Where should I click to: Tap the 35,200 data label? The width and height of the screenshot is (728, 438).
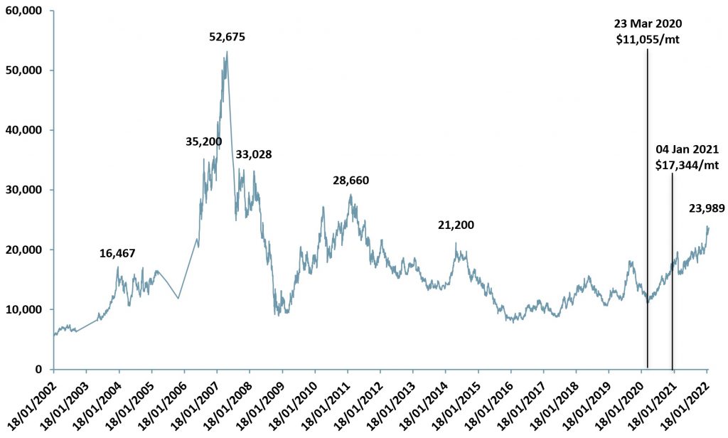(x=203, y=141)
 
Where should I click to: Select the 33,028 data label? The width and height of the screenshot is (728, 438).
(x=254, y=154)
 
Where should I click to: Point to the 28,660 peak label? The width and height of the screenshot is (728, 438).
(x=350, y=181)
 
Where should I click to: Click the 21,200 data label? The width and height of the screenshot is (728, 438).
(x=456, y=225)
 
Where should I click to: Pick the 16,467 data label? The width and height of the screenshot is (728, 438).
(x=117, y=253)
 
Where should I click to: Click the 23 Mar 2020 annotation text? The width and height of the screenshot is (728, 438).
(x=648, y=24)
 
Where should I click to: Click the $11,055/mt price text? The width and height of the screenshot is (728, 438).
(x=648, y=40)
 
